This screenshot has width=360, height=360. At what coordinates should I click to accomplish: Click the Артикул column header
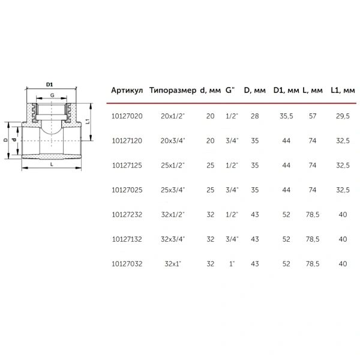127,90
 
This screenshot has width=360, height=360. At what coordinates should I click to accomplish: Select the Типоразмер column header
173,90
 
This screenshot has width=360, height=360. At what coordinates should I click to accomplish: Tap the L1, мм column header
343,90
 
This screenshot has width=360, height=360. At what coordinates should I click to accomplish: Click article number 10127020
127,116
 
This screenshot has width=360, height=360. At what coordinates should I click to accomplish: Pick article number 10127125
127,166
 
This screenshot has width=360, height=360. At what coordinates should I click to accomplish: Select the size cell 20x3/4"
173,140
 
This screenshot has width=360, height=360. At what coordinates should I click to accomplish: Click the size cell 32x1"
173,264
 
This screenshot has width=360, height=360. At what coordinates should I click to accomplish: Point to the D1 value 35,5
286,116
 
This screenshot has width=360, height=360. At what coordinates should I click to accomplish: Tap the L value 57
313,116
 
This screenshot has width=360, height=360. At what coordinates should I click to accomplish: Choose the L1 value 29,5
343,116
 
